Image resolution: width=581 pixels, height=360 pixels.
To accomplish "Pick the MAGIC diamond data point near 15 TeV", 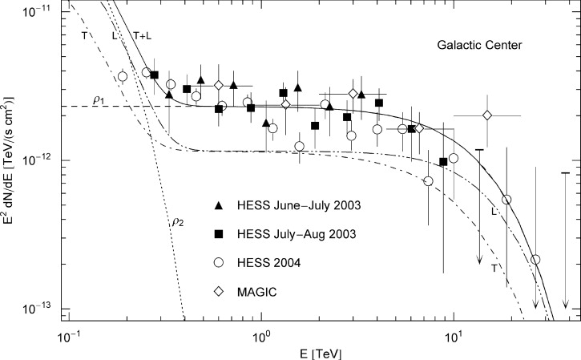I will tap(487, 115).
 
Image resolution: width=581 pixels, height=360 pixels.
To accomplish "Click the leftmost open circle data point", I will tap(123, 76).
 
